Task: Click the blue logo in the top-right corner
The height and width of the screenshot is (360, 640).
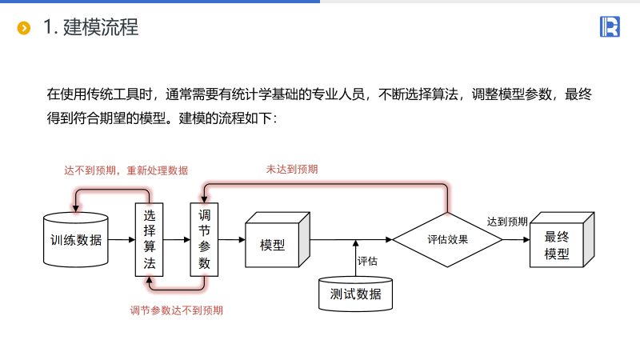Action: [610, 26]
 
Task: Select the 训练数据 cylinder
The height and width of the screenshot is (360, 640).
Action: [76, 239]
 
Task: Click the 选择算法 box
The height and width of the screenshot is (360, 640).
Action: [149, 239]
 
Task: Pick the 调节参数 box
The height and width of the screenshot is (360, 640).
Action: [204, 239]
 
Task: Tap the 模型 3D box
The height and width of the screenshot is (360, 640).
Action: [274, 244]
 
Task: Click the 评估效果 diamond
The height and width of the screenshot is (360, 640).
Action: [447, 239]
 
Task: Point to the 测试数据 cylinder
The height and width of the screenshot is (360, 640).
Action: [356, 294]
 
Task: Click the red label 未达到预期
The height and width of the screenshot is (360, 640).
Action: [292, 170]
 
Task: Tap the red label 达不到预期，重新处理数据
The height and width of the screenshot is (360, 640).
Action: [126, 170]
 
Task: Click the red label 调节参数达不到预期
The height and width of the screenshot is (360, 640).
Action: [177, 310]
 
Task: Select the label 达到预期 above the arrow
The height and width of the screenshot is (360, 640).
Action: [507, 222]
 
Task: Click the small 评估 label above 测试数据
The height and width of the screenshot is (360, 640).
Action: [367, 261]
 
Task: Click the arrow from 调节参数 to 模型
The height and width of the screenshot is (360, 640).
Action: [231, 239]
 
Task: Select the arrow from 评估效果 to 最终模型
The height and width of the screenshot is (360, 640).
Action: [516, 239]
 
